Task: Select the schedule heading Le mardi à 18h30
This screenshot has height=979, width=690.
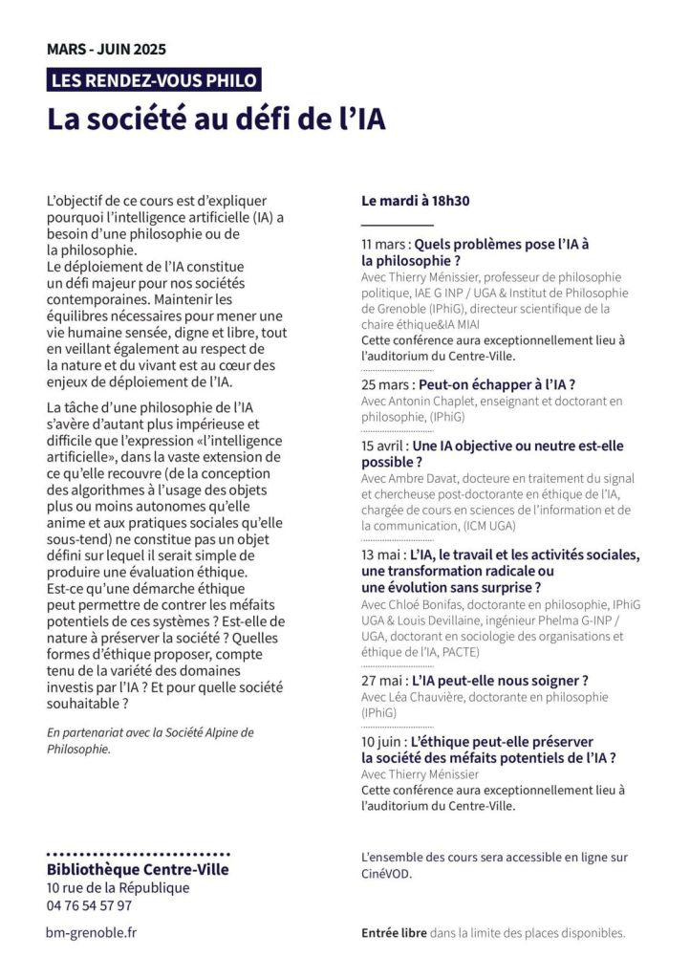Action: tap(415, 202)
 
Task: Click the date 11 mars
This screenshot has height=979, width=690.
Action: tap(385, 244)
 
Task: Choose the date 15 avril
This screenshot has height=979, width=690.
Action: tap(384, 446)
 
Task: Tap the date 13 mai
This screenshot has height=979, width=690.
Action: tap(381, 555)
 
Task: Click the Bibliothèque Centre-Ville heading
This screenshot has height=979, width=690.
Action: tap(138, 870)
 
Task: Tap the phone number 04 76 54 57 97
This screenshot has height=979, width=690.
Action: tap(89, 905)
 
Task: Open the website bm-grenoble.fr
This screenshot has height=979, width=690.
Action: tap(92, 932)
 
